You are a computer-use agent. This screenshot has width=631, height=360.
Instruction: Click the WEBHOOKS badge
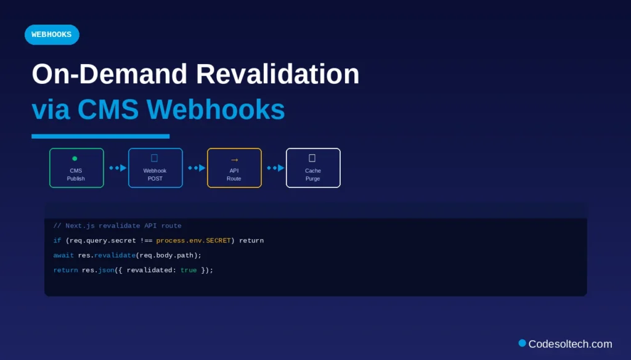[x=52, y=35]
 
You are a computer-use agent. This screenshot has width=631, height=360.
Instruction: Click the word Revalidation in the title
[x=278, y=75]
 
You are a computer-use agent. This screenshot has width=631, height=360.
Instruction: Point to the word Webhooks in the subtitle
[x=216, y=110]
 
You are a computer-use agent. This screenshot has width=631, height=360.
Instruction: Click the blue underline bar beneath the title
[x=100, y=136]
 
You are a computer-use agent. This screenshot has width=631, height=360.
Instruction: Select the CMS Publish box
[x=76, y=168]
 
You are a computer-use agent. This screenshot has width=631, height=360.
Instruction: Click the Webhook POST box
[x=155, y=168]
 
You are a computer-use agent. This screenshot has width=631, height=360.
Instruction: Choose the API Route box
[x=234, y=168]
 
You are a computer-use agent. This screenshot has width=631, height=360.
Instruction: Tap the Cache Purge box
[x=313, y=168]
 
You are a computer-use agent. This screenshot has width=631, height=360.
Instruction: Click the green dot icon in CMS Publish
[x=75, y=158]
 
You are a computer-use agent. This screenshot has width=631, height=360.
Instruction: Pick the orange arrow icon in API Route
[x=234, y=160]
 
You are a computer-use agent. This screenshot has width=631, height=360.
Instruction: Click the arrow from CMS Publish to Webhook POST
[x=118, y=168]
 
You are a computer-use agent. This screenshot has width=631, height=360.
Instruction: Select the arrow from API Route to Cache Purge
[x=275, y=168]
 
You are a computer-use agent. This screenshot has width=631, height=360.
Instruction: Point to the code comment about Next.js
[x=117, y=226]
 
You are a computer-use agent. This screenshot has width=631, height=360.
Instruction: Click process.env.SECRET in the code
[x=193, y=240]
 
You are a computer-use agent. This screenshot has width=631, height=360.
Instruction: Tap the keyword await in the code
[x=63, y=255]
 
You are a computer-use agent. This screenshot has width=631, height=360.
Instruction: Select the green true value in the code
[x=189, y=270]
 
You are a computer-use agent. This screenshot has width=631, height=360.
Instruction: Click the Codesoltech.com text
[x=570, y=344]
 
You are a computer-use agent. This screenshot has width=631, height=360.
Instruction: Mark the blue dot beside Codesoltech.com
[x=522, y=343]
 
